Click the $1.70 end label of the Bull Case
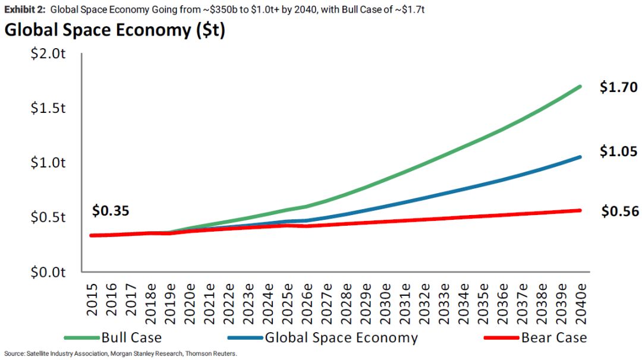pos(618,88)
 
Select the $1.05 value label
pos(618,152)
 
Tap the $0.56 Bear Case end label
pos(620,211)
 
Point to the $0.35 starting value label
pos(111,211)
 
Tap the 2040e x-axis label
pos(580,304)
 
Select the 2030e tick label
pos(385,304)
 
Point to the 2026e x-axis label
pos(306,304)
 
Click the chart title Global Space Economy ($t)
pos(115,31)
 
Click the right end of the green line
pos(580,87)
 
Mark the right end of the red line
pos(580,210)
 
